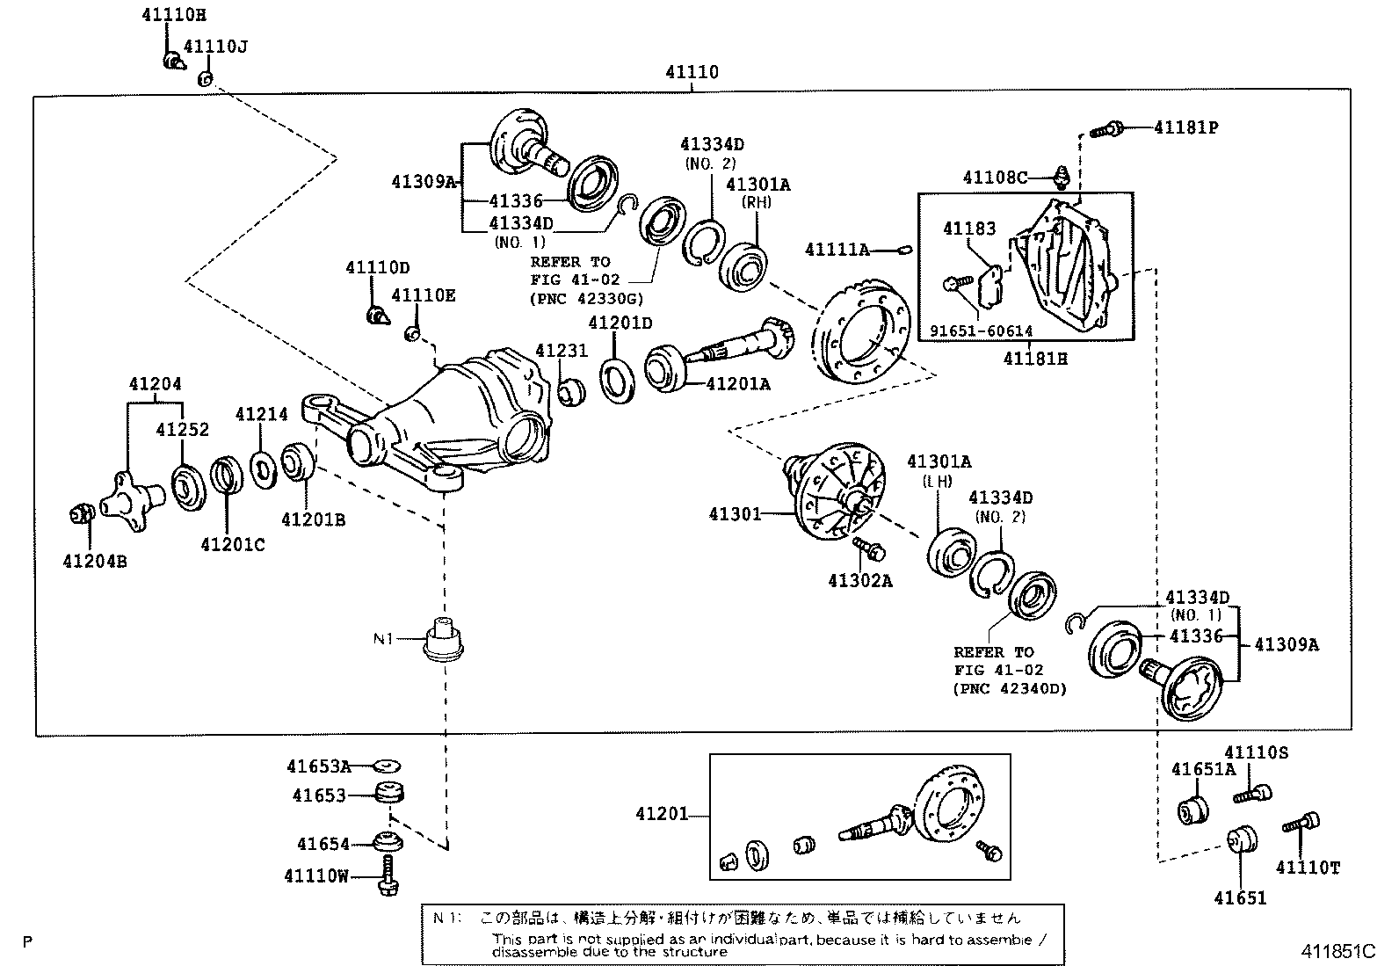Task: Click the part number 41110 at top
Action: [692, 72]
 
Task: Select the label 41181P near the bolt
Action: [1185, 127]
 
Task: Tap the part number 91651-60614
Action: [981, 331]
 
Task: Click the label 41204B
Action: [95, 560]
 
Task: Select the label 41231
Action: [562, 350]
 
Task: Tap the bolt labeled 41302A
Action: [868, 550]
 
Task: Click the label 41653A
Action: [317, 766]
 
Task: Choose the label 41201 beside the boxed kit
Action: [663, 815]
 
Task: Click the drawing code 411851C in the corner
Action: [1337, 951]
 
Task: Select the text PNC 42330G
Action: [581, 298]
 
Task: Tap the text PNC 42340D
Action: [1010, 688]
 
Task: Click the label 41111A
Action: [837, 251]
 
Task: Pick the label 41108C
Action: [995, 178]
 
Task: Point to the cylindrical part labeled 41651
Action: [1239, 839]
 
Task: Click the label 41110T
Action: [1308, 868]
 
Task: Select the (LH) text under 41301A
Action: [938, 481]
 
